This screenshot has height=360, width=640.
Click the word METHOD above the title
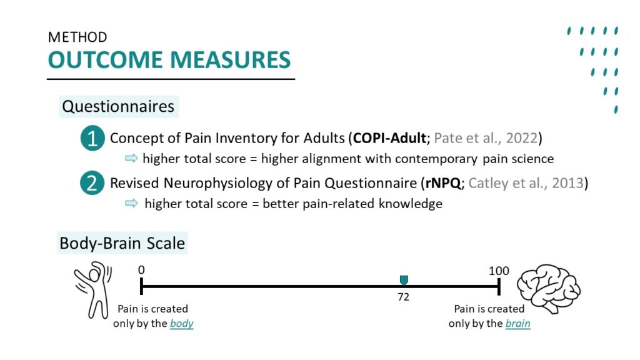point(77,37)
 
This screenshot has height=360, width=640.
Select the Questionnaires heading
point(118,106)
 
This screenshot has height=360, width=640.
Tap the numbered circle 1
point(92,138)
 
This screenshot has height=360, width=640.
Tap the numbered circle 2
point(92,182)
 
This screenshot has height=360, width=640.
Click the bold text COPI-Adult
point(389,138)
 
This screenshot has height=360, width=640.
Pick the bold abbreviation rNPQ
point(443,183)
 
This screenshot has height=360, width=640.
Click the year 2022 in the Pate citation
point(522,138)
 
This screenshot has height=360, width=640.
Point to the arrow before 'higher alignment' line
point(131,158)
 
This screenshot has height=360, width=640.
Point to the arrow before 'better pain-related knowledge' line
point(131,203)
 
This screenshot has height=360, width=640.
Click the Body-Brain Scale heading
point(122,243)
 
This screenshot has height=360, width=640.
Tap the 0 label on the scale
point(141,270)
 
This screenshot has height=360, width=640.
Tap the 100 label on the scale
point(499,271)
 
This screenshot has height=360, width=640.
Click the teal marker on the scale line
point(404,280)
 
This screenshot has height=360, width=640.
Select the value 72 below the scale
point(403,297)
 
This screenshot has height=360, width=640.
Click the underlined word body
point(182,323)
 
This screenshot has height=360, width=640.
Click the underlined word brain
point(517,323)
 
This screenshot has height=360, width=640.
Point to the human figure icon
point(93,290)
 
